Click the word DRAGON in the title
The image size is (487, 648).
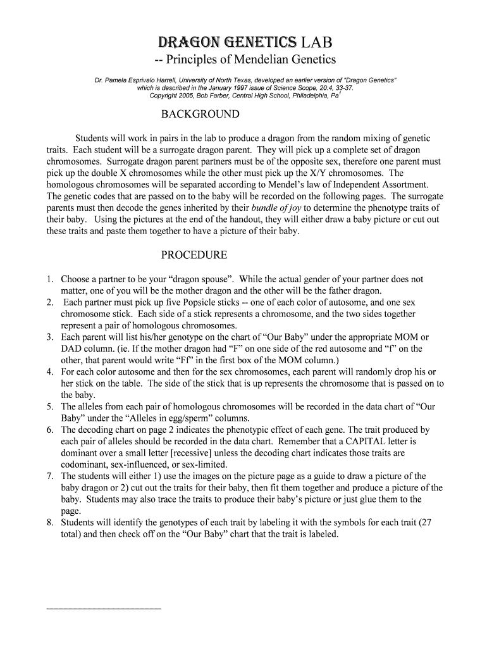pyautogui.click(x=188, y=42)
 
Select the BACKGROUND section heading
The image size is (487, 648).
pyautogui.click(x=200, y=115)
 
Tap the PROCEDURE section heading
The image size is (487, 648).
pyautogui.click(x=194, y=256)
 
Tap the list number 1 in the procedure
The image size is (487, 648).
pyautogui.click(x=50, y=279)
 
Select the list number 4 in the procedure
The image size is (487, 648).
pyautogui.click(x=50, y=371)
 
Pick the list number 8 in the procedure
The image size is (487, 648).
pyautogui.click(x=50, y=522)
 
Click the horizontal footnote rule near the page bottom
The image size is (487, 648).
pyautogui.click(x=104, y=609)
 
